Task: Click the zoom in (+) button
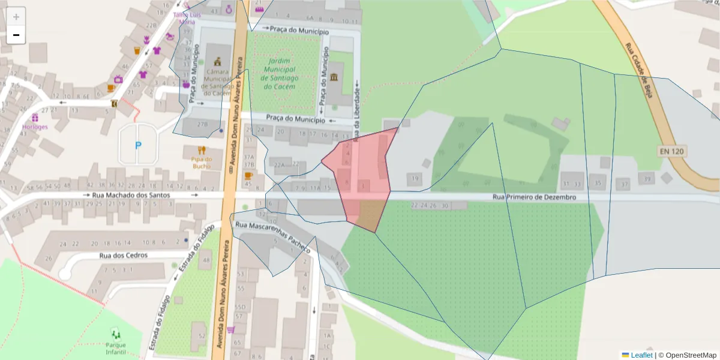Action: pyautogui.click(x=16, y=17)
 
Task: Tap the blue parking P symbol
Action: pyautogui.click(x=139, y=145)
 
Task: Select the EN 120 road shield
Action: pyautogui.click(x=672, y=152)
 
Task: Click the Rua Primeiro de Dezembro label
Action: pyautogui.click(x=534, y=197)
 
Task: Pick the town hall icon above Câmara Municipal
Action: pyautogui.click(x=217, y=61)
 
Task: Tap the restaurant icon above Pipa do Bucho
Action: pyautogui.click(x=202, y=150)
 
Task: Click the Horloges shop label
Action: pyautogui.click(x=35, y=127)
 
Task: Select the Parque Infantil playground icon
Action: pyautogui.click(x=116, y=333)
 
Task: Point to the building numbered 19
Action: pyautogui.click(x=414, y=178)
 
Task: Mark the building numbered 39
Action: pyautogui.click(x=646, y=179)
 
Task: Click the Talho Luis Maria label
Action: pyautogui.click(x=183, y=18)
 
